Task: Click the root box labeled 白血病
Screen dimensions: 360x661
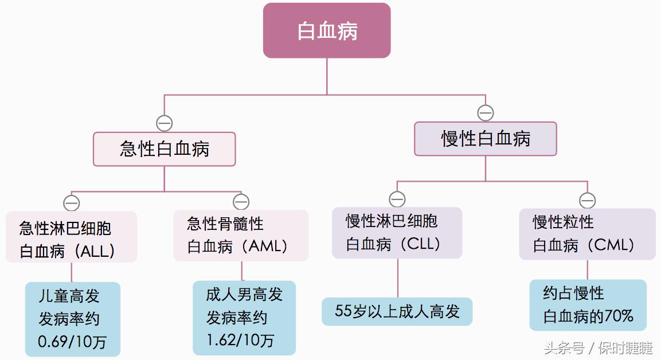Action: pos(327,30)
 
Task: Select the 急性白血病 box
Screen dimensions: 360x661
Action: pos(165,149)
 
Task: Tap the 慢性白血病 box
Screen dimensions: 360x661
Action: pos(486,139)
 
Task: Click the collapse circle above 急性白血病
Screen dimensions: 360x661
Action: pos(165,123)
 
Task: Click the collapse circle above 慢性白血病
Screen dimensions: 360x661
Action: pos(486,113)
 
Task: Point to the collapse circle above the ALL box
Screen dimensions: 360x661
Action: pos(72,203)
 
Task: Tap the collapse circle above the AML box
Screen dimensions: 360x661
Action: pos(241,202)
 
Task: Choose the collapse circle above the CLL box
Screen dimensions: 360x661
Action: pos(397,199)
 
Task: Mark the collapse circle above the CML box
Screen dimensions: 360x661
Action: pos(587,200)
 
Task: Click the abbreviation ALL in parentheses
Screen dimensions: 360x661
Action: pos(95,251)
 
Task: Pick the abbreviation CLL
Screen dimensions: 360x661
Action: pos(421,244)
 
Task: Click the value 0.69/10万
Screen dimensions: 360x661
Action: pos(72,342)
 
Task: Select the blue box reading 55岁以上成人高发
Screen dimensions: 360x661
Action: pos(397,311)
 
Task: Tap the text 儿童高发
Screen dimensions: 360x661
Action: pos(69,296)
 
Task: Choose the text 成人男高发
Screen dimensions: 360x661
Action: pos(244,295)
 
